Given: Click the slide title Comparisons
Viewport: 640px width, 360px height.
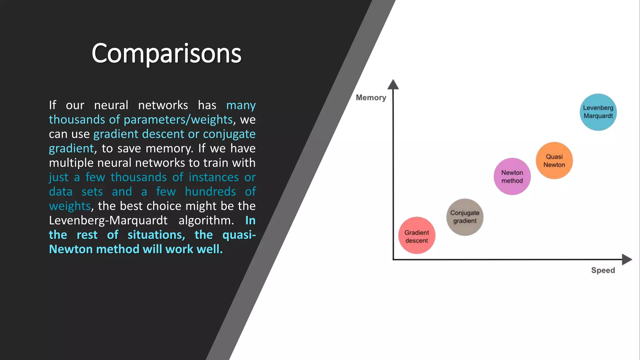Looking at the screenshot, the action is coord(166,53).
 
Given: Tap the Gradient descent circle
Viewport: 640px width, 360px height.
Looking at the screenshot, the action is coord(417,235).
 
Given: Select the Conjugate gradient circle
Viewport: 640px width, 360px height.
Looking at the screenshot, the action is coord(465,217).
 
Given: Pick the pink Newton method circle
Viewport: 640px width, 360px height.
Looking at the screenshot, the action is coord(512,177).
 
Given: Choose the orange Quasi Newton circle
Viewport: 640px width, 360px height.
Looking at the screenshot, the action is coord(554,161).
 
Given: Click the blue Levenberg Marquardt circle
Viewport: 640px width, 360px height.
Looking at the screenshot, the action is coord(598,112).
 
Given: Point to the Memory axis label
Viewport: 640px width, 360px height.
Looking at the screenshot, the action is coord(371,98).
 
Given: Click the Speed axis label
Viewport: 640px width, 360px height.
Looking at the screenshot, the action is coord(603,270).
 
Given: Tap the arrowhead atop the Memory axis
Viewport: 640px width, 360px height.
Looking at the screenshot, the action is coord(393,84).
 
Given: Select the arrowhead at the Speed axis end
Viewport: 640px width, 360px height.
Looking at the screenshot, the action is coord(627,259).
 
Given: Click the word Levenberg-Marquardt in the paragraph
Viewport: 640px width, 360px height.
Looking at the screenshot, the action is coord(108,221).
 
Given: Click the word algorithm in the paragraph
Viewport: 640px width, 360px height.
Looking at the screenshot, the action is coord(206,221).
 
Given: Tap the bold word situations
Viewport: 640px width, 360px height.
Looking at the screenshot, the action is coord(156,235).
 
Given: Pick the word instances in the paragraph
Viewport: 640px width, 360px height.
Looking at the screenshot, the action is coord(214,177).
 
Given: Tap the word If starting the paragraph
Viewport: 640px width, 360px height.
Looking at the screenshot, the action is coord(52,105).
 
